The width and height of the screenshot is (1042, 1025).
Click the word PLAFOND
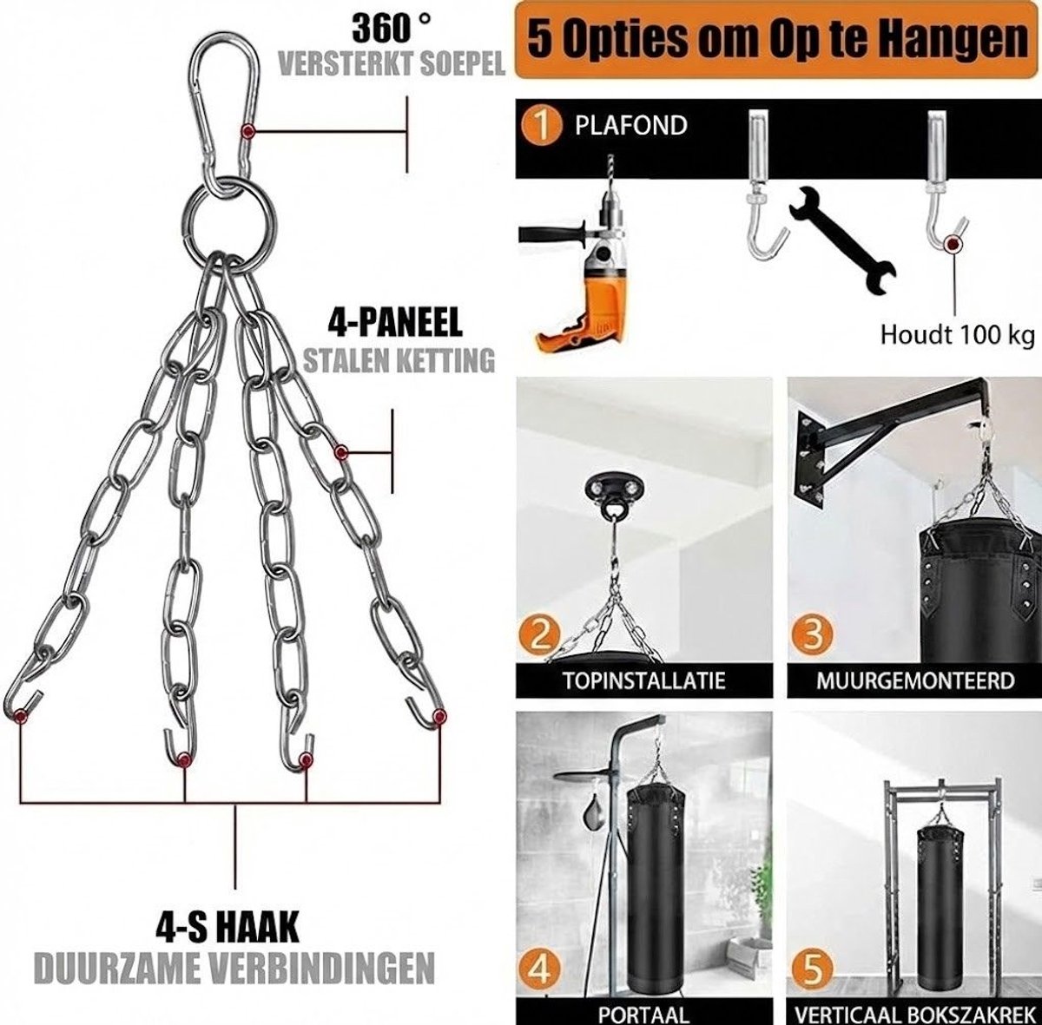coord(630,126)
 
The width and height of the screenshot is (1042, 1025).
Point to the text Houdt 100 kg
coord(958,335)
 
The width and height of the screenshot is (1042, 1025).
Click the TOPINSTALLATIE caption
coord(643,680)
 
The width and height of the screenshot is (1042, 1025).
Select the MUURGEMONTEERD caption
coord(915,680)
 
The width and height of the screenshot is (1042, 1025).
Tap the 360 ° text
coord(392,28)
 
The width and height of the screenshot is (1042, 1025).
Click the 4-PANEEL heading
coord(395,322)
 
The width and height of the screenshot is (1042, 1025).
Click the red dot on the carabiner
coord(247,131)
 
